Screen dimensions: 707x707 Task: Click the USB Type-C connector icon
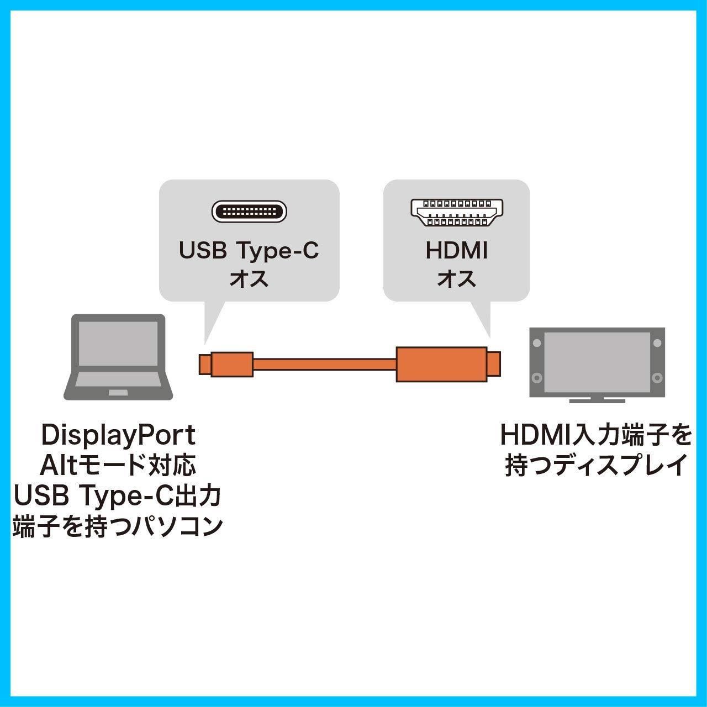249,212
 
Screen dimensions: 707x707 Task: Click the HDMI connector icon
457,213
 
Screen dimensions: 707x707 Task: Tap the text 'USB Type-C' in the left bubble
249,251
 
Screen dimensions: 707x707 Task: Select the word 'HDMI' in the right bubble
457,251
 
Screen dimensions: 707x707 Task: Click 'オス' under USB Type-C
249,279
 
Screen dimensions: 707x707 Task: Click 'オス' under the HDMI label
457,279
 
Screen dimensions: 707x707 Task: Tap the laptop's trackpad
118,392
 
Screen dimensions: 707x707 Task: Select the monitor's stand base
597,400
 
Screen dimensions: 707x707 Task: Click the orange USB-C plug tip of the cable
205,364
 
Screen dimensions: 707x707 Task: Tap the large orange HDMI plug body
441,364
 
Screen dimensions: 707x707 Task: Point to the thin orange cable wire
324,365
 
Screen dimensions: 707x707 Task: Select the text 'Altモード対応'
118,466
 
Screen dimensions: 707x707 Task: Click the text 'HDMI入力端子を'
596,436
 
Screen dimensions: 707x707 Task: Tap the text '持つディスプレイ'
596,466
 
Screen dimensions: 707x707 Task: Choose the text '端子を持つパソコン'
118,527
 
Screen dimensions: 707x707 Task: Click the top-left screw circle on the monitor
537,344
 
